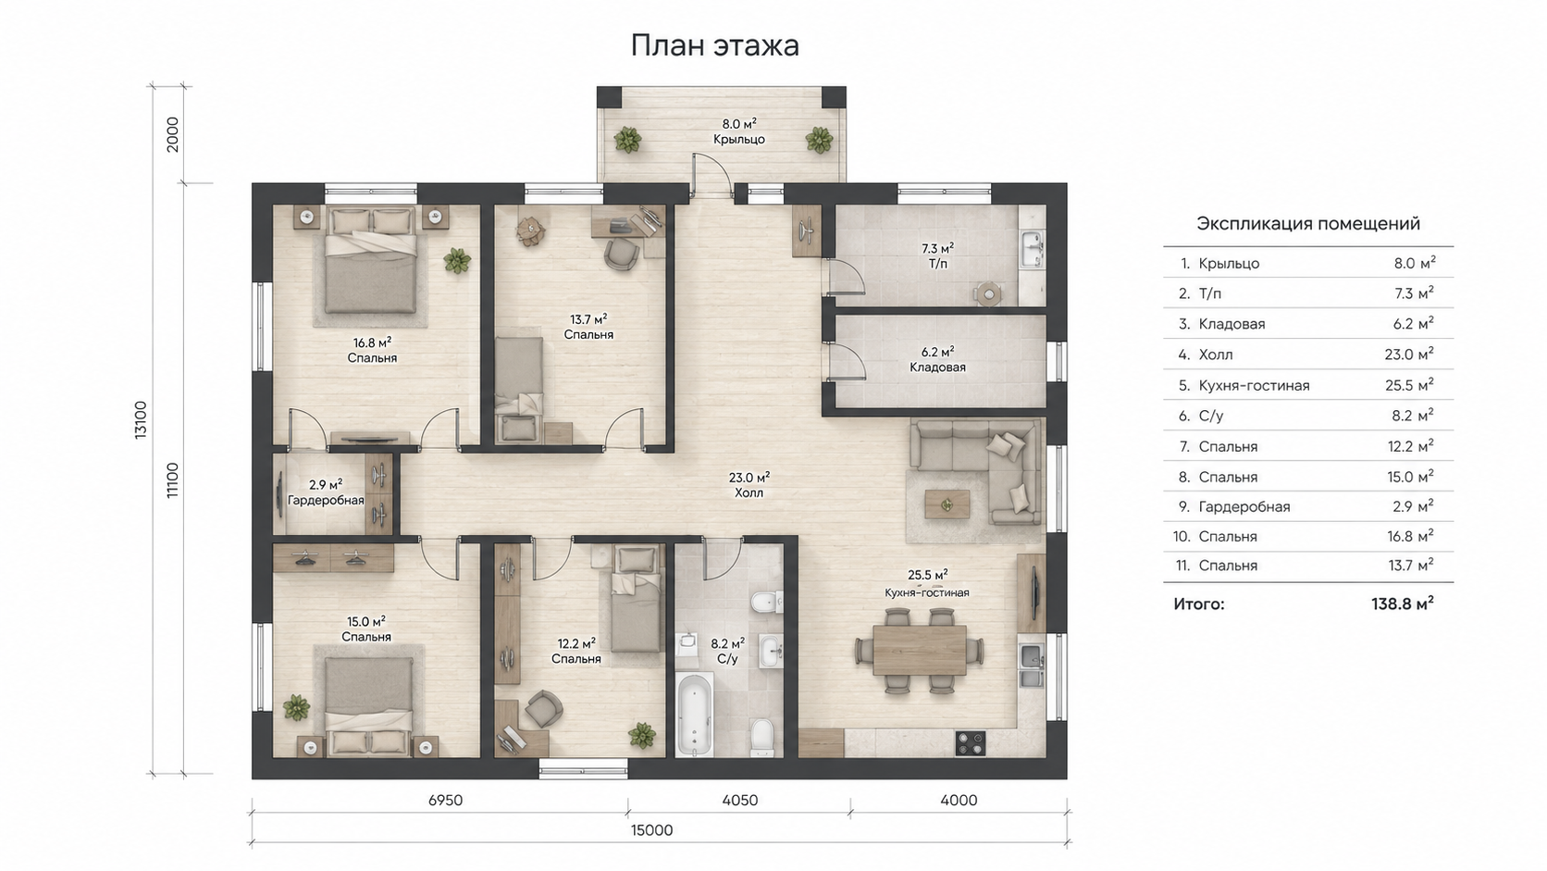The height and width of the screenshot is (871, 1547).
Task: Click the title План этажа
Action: coord(715,45)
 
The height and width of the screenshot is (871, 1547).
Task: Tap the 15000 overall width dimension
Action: coord(651,830)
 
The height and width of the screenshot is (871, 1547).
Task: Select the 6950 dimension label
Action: coord(445,801)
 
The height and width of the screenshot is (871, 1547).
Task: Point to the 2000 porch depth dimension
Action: coord(173,135)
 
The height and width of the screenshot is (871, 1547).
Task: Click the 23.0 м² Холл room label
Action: coord(749,485)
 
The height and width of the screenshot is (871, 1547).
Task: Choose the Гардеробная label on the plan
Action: coord(326,500)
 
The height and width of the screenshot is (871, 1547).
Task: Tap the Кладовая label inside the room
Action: coord(937,367)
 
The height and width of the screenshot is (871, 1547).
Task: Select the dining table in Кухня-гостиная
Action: coord(919,649)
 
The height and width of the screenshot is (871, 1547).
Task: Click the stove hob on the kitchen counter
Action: coord(971,743)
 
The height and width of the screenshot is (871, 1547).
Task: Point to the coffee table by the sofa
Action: coord(947,504)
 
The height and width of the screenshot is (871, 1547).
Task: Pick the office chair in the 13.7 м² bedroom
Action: coord(622,255)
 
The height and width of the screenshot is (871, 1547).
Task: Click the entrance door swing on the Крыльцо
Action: coord(712,176)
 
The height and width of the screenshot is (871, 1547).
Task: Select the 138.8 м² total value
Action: coord(1402,604)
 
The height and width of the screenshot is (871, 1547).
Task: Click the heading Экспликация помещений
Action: coord(1308,224)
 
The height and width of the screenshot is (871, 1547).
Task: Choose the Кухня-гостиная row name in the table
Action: coord(1255,385)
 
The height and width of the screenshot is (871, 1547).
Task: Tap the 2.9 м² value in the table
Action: coord(1413,506)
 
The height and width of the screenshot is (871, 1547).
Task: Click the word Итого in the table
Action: coord(1199,604)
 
